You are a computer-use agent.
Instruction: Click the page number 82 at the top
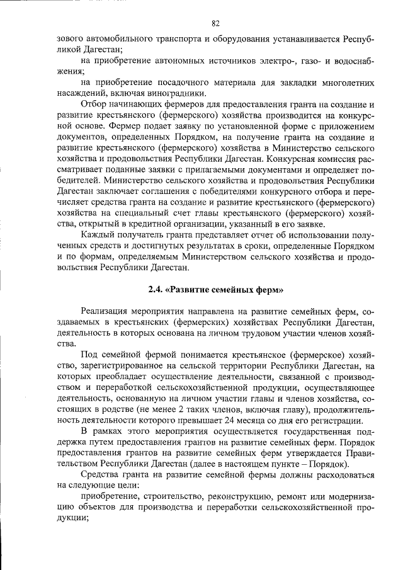(x=215, y=23)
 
